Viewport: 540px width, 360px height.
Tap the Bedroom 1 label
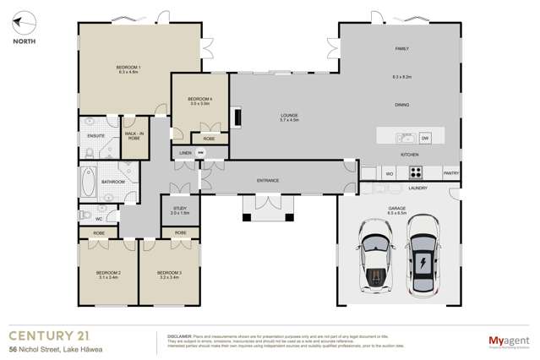128,67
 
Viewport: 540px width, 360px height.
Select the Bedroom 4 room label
199,98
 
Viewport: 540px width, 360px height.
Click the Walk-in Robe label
133,134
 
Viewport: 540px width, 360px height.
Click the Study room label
180,209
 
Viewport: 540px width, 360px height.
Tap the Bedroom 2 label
108,274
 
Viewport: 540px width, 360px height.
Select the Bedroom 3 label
168,274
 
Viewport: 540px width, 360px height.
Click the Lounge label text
290,115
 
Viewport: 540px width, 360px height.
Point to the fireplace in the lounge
237,116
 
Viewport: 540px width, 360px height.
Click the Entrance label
268,180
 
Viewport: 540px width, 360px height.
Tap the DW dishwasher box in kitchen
425,137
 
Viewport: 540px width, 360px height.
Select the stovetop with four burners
417,172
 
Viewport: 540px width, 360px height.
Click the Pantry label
451,173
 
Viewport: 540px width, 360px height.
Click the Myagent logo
506,341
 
